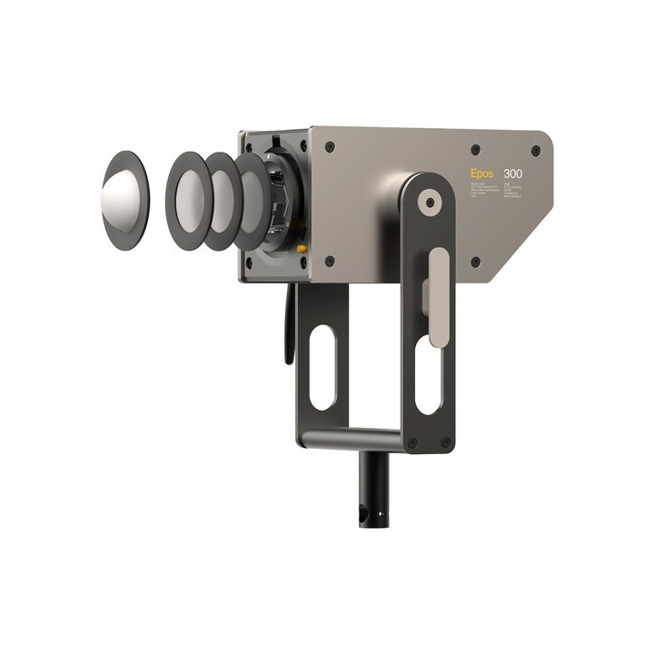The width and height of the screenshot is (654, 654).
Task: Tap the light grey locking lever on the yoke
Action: click(438, 296)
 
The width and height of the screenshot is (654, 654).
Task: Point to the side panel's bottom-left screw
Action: click(329, 261)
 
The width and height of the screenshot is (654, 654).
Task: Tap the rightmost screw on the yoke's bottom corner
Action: click(445, 443)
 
